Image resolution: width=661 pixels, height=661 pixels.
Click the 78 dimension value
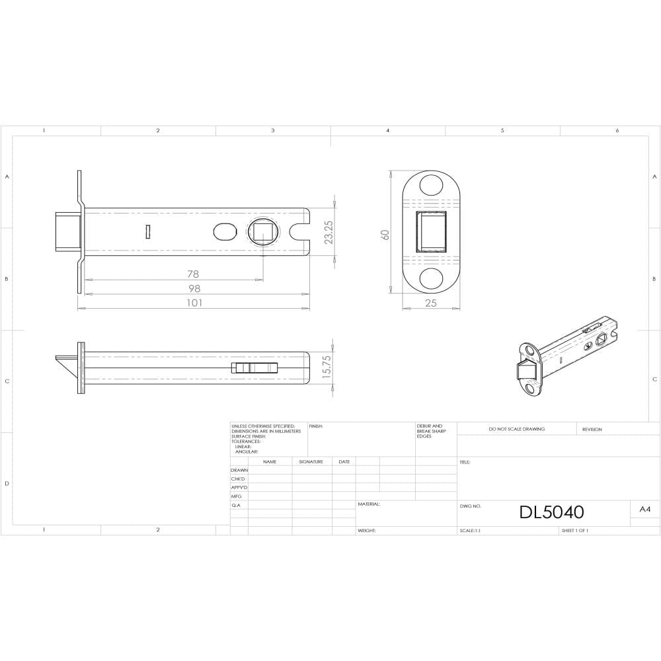[x=192, y=274]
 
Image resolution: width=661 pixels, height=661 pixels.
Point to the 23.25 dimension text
[x=329, y=233]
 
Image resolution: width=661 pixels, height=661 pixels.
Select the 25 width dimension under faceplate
[x=431, y=303]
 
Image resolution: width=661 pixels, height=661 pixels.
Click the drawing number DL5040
[x=551, y=512]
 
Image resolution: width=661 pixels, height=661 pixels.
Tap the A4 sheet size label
[x=644, y=510]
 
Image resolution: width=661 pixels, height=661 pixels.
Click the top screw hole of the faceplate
[x=431, y=184]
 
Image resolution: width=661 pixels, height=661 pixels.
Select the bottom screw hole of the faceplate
[x=431, y=278]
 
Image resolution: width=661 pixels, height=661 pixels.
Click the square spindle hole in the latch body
[x=262, y=232]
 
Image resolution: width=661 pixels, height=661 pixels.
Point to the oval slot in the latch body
[x=225, y=232]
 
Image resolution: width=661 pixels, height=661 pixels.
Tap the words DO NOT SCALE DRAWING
[x=516, y=429]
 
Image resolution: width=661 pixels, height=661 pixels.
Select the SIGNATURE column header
[x=311, y=461]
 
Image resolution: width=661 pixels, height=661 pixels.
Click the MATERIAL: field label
[x=369, y=504]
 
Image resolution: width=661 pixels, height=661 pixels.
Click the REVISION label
[x=592, y=429]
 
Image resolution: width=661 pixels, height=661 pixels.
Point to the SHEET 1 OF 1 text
[x=574, y=530]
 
